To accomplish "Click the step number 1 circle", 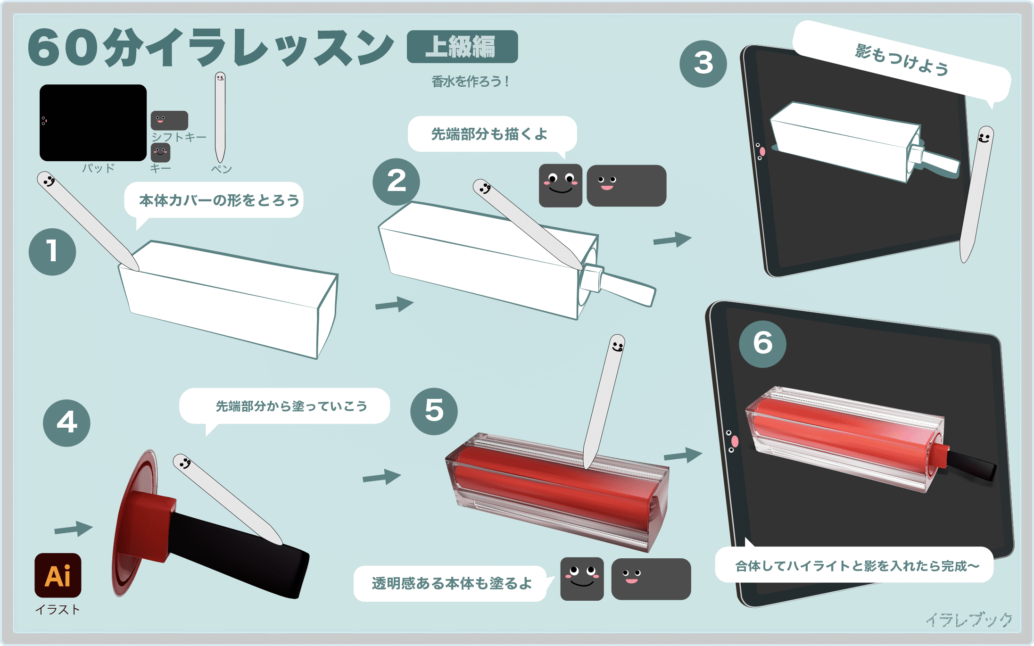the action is pyautogui.click(x=52, y=252).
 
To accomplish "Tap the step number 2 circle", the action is pyautogui.click(x=396, y=182).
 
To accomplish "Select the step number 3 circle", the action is pyautogui.click(x=703, y=64).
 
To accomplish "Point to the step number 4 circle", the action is pyautogui.click(x=66, y=423).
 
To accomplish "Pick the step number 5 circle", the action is pyautogui.click(x=434, y=411).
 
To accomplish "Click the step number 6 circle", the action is pyautogui.click(x=762, y=344).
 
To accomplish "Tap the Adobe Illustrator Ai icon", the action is pyautogui.click(x=58, y=575).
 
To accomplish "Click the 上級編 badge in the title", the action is pyautogui.click(x=462, y=47).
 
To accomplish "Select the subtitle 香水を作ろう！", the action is pyautogui.click(x=470, y=82).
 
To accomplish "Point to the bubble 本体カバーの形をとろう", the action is pyautogui.click(x=215, y=200).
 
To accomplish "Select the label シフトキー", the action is pyautogui.click(x=179, y=137).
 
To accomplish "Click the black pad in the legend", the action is pyautogui.click(x=93, y=123).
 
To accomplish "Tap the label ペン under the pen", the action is pyautogui.click(x=221, y=169).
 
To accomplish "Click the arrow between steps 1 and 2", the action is pyautogui.click(x=395, y=304).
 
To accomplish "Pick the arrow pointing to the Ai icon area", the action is pyautogui.click(x=74, y=529).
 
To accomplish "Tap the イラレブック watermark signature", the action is pyautogui.click(x=969, y=620).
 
